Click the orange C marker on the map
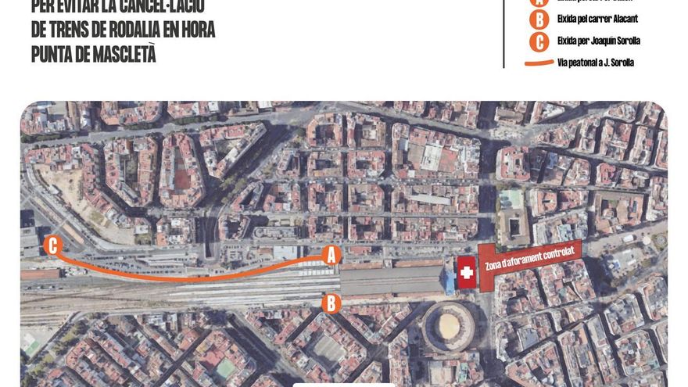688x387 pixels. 53,245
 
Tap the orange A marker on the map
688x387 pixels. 331,254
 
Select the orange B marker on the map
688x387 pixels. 331,303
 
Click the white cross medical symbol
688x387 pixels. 467,273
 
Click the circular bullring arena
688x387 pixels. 449,326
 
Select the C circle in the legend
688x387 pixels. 538,41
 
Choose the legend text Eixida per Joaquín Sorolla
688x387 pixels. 599,41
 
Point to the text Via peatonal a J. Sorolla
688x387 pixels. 597,63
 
